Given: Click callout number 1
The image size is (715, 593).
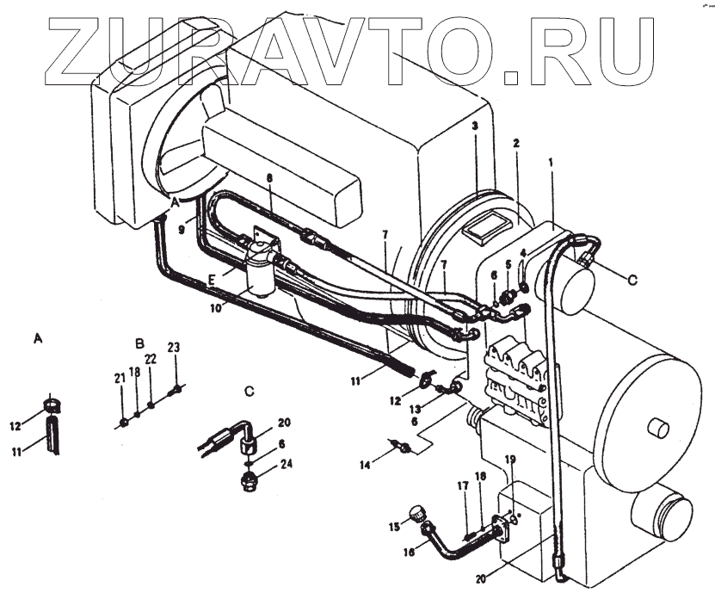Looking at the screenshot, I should [551, 162].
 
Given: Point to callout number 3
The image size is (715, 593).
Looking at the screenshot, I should [474, 126].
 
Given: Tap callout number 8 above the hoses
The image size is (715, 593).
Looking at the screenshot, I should [269, 177].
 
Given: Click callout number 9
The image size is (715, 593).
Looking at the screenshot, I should [182, 230].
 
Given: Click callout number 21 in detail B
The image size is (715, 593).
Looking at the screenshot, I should [120, 377].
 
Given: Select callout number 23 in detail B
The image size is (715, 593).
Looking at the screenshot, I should [174, 348].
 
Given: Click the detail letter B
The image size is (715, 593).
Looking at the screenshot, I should [140, 343].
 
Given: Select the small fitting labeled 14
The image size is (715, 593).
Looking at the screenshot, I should [399, 446].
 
